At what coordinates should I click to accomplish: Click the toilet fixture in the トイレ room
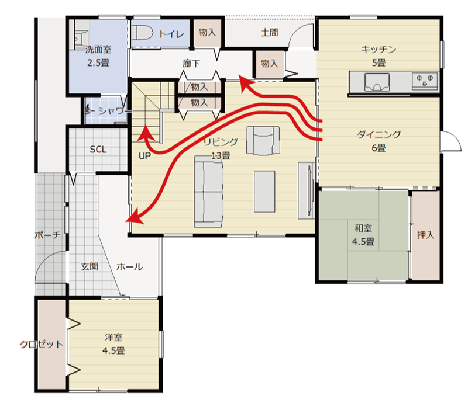142,33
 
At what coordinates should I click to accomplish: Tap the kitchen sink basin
377,82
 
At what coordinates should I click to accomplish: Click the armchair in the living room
263,140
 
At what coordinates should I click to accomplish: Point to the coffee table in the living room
264,192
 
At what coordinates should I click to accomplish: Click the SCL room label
98,150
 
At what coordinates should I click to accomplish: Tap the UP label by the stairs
144,156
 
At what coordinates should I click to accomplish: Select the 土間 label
270,32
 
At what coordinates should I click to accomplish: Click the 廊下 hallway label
191,63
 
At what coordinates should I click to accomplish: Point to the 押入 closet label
426,235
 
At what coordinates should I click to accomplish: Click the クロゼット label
42,345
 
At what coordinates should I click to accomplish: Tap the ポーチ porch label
48,235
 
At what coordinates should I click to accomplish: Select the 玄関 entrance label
90,266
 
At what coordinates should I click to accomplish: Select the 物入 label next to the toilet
207,32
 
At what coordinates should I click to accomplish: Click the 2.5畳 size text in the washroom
98,63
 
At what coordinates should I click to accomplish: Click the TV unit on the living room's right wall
306,190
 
